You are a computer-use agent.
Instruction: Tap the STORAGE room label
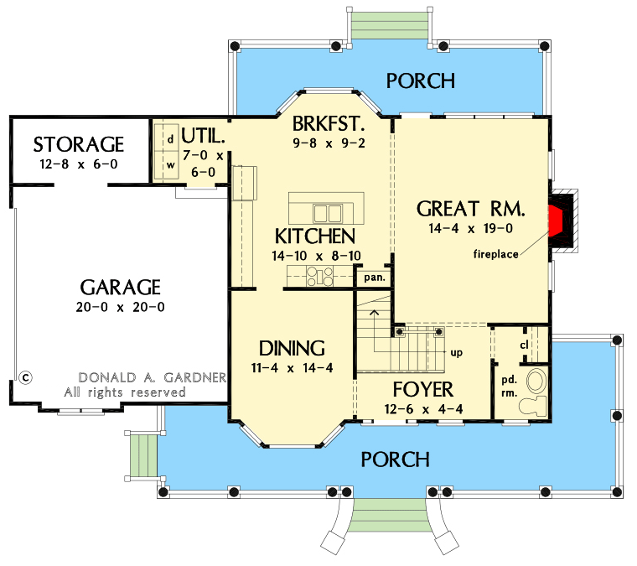(x=79, y=144)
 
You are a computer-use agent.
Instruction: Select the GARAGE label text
(x=121, y=287)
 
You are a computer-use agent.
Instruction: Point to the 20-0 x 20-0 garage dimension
(x=121, y=307)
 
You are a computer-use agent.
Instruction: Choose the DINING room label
(x=292, y=348)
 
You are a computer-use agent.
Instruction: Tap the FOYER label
(x=423, y=389)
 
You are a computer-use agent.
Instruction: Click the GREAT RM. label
(x=470, y=208)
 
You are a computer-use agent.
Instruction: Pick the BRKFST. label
(x=329, y=124)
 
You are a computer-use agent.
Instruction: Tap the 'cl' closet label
(x=524, y=345)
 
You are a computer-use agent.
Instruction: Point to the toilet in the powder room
(x=532, y=406)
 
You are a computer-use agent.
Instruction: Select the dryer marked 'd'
(x=170, y=138)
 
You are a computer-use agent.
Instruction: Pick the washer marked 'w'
(x=170, y=164)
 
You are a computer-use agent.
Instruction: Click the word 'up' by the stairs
(x=457, y=353)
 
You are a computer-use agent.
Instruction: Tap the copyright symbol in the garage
(x=25, y=377)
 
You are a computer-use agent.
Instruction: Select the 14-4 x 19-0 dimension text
(x=470, y=227)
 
